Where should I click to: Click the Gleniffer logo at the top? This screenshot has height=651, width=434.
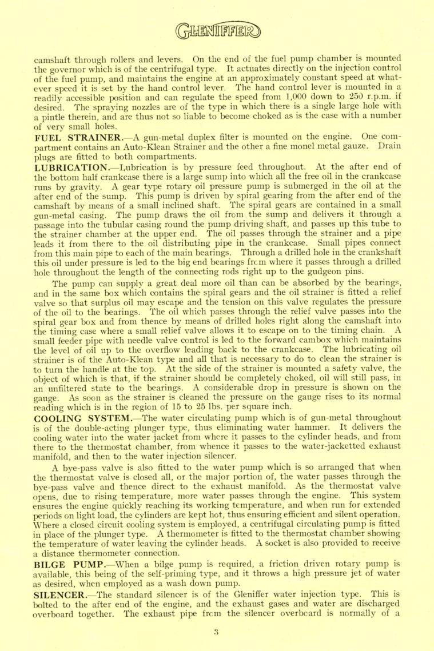tap(217, 28)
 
